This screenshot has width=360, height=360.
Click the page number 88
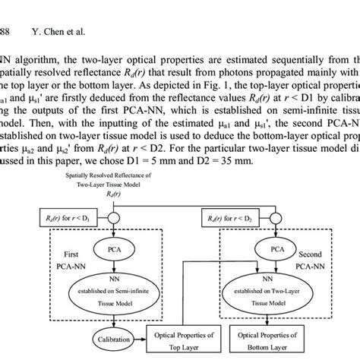[5, 11]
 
